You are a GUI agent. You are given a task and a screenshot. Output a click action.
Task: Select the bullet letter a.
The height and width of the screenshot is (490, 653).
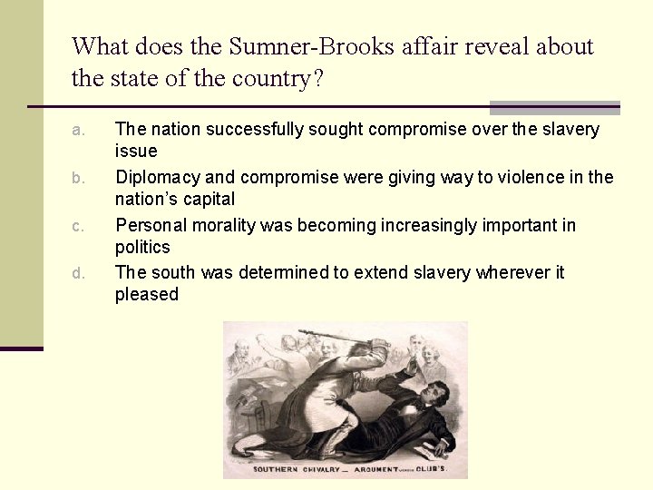pyautogui.click(x=79, y=130)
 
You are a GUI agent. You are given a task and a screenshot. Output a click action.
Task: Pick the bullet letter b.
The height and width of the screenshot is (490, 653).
pyautogui.click(x=79, y=178)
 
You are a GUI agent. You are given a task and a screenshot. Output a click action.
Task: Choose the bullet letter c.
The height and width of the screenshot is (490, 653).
pyautogui.click(x=79, y=226)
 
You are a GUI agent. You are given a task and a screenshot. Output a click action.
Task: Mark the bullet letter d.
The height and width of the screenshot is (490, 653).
pyautogui.click(x=79, y=273)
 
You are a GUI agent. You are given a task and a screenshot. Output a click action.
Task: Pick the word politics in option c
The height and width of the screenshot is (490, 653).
pyautogui.click(x=142, y=247)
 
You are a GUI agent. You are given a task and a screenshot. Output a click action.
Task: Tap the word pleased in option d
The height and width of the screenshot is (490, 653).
pyautogui.click(x=147, y=294)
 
